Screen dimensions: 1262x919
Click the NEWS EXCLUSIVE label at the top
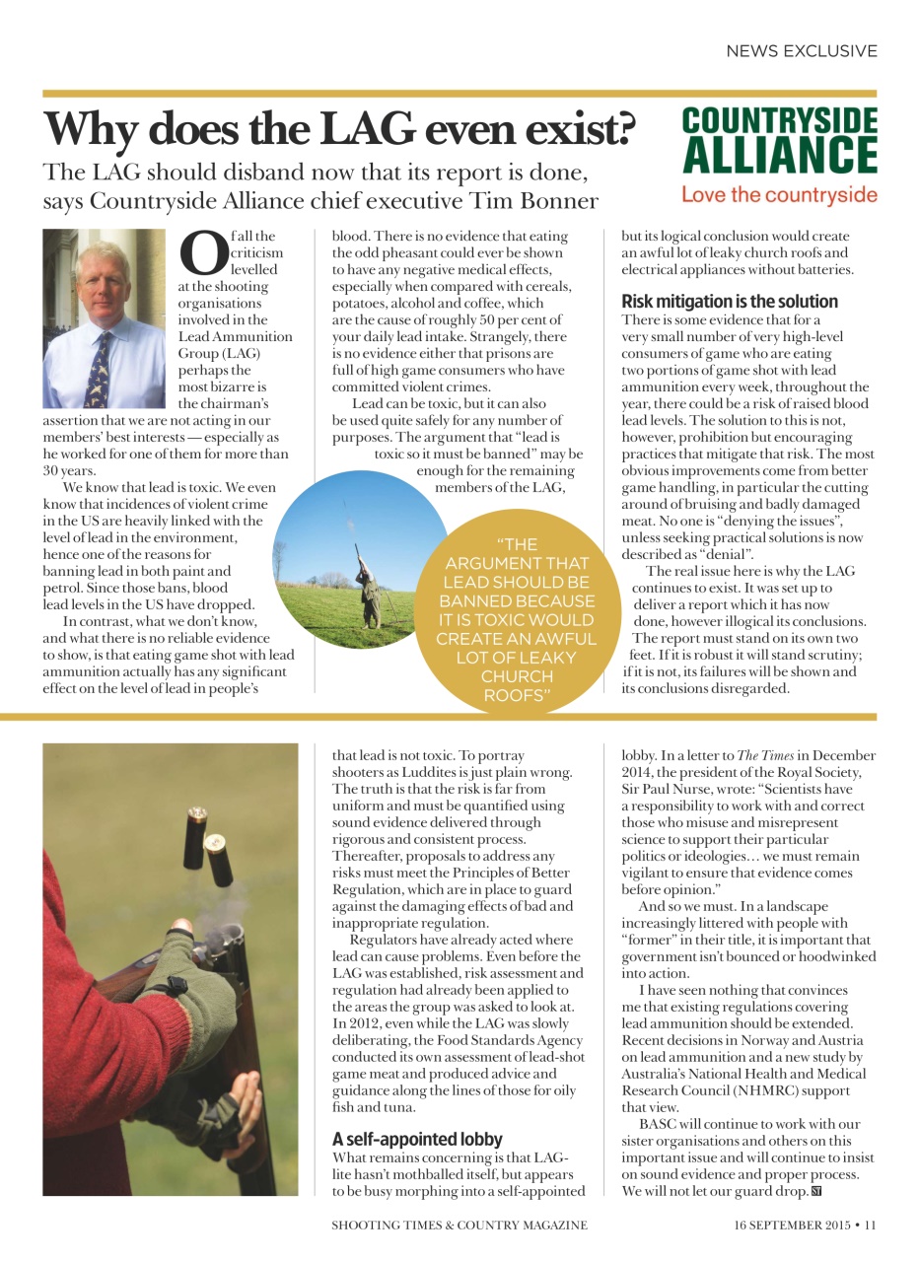801,50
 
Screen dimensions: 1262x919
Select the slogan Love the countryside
779,194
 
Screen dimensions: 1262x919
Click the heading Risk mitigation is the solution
730,302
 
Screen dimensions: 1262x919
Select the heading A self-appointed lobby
417,1139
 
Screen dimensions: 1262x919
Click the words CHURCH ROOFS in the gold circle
517,686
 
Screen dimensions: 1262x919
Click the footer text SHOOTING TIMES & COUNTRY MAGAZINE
459,1226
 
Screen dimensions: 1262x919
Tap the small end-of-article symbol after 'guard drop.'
815,1192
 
